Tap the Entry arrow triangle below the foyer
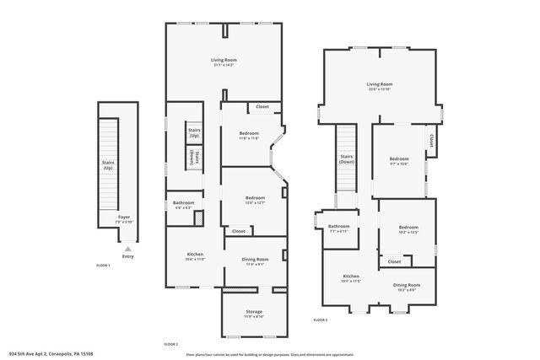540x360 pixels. pos(127,249)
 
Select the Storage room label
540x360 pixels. pos(254,312)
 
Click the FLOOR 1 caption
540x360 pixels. pos(103,266)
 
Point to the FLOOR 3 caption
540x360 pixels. pos(321,320)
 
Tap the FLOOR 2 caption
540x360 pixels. pos(171,345)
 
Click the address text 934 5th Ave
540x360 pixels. pos(50,354)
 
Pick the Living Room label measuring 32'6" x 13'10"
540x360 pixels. pos(380,84)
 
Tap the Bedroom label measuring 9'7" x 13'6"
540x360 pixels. pos(399,159)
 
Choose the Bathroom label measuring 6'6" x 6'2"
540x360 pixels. pos(184,203)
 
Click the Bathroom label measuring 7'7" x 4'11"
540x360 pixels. pos(338,227)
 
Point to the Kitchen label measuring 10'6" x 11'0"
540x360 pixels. pos(196,255)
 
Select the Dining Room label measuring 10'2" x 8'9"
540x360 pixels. pos(407,286)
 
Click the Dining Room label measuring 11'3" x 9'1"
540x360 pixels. pos(256,260)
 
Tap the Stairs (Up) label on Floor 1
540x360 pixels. pos(108,166)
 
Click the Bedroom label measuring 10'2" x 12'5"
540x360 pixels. pos(408,228)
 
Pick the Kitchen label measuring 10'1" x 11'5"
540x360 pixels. pos(351,277)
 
